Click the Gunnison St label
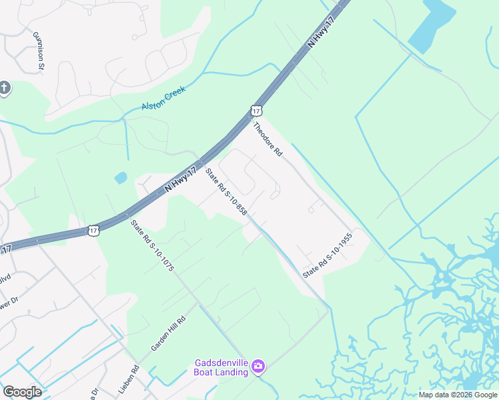(37, 49)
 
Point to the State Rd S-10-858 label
(227, 192)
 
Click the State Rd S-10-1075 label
(152, 246)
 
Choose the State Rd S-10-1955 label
(327, 255)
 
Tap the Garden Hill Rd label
(167, 333)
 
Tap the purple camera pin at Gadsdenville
(258, 366)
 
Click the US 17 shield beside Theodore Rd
(256, 110)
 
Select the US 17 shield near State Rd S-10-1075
(93, 230)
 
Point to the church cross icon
(5, 88)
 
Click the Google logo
(22, 392)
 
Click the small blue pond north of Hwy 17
(121, 178)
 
